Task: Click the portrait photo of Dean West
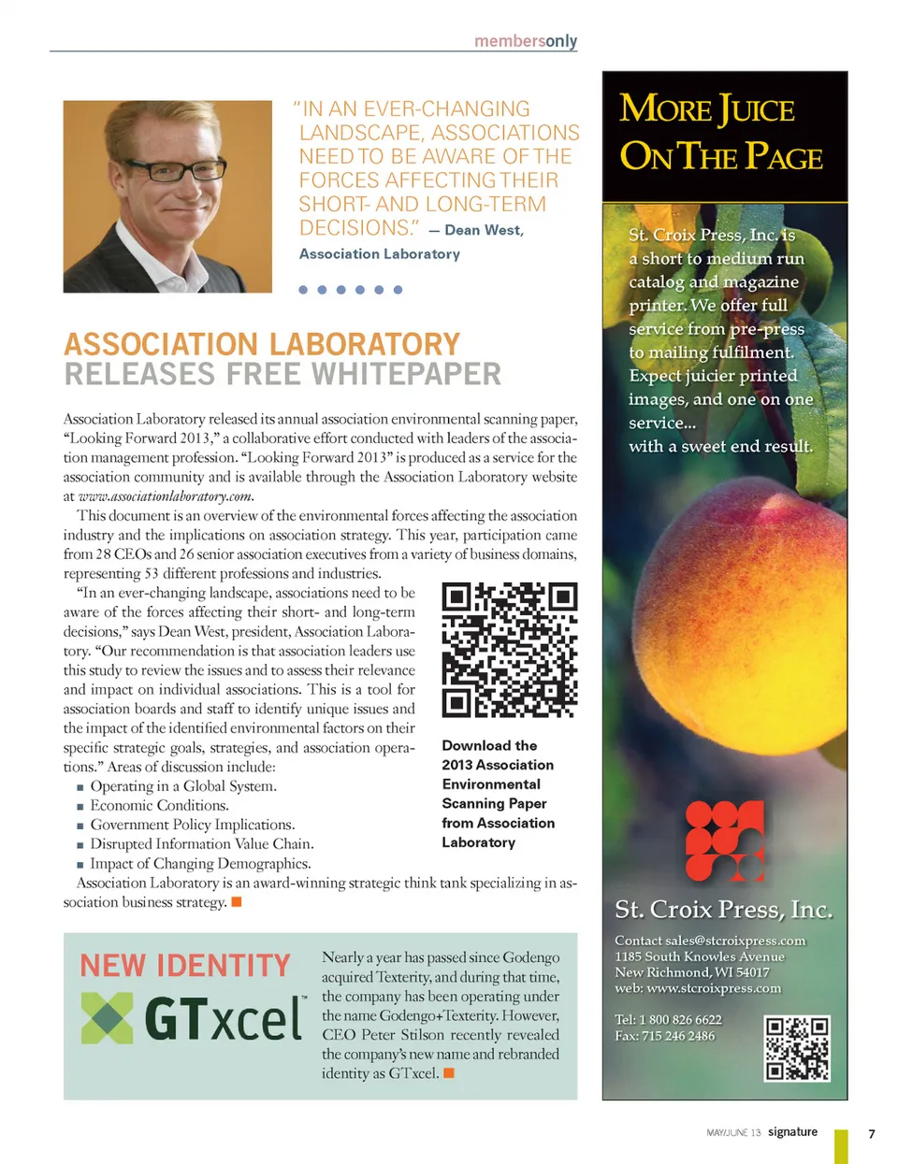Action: point(167,196)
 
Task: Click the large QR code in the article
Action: point(509,650)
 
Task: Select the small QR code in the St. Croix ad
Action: point(797,1048)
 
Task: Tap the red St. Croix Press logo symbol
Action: point(724,841)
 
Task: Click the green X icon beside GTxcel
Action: point(107,1018)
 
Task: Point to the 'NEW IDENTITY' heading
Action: point(185,965)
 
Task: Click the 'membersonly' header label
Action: point(526,41)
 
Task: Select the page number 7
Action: point(871,1133)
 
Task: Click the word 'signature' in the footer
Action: point(792,1131)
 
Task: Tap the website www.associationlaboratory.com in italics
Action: point(166,496)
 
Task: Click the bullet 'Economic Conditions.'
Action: point(159,805)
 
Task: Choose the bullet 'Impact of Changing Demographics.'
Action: point(200,863)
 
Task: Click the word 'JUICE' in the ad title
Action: point(757,111)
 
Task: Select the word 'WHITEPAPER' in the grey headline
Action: point(406,375)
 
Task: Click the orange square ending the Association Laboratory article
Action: point(237,901)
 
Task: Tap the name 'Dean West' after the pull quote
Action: point(484,230)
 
